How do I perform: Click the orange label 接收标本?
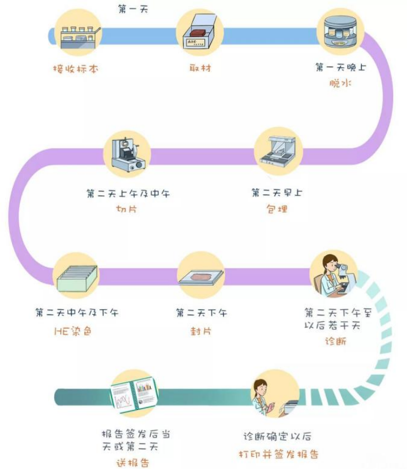coord(76,69)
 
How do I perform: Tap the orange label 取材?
coord(200,68)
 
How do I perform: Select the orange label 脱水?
coord(340,83)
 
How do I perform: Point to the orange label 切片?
coord(126,209)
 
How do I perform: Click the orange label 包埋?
coord(277,209)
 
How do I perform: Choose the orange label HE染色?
coord(73,331)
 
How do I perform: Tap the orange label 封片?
coord(200,331)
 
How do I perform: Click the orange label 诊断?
coord(336,341)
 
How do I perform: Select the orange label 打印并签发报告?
coord(278,455)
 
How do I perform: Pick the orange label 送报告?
coord(133,463)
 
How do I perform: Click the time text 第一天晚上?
coord(341,67)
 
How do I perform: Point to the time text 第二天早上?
coord(277,192)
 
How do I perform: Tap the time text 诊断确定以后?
coord(277,436)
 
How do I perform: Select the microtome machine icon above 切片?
coord(128,155)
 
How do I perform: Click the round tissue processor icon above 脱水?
coord(340,31)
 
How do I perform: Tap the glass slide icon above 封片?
coord(201,278)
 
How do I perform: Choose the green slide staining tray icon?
coord(77,278)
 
